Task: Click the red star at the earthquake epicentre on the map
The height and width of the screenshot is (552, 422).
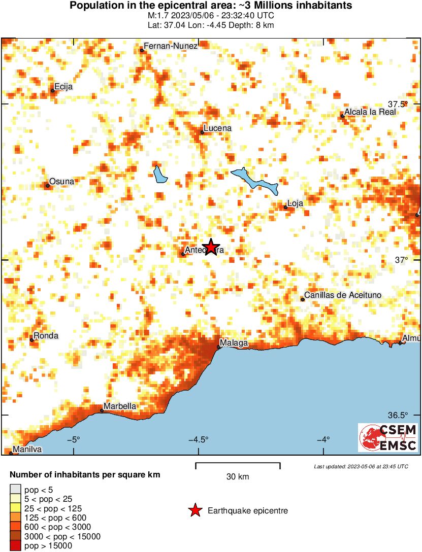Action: click(210, 247)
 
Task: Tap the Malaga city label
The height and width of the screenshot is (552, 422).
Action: click(234, 343)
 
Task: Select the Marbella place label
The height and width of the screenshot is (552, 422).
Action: click(120, 406)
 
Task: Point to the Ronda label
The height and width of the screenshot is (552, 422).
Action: click(46, 336)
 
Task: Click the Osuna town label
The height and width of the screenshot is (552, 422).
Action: click(62, 181)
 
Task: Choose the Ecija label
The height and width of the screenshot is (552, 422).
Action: click(63, 87)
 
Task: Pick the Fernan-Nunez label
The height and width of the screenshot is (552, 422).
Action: click(170, 46)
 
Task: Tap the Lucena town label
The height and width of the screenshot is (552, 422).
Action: click(217, 128)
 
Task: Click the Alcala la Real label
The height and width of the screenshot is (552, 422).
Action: click(370, 112)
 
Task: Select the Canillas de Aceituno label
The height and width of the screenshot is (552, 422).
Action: click(342, 295)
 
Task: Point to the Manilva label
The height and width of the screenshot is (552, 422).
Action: click(27, 450)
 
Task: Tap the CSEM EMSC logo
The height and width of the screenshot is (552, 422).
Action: click(388, 438)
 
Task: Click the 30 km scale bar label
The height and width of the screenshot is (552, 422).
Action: click(238, 477)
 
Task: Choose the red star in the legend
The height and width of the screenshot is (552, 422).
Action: click(195, 511)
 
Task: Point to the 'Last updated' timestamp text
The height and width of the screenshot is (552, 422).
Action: click(361, 466)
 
